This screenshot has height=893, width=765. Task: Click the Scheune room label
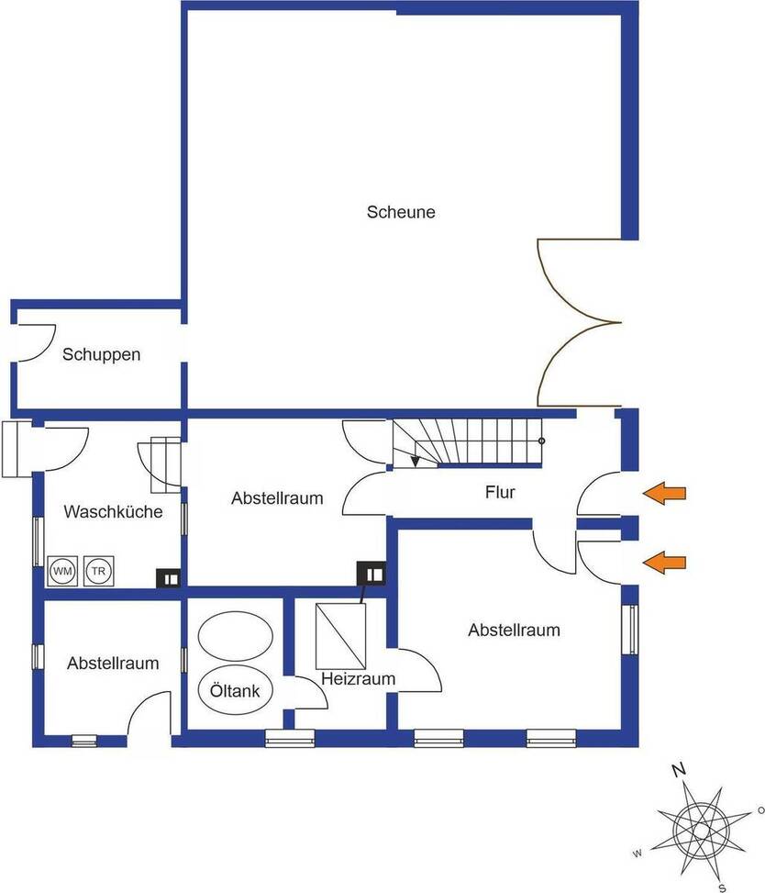401,212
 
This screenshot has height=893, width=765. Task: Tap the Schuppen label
101,355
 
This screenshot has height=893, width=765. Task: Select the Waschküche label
113,511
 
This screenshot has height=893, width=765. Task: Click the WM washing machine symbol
62,571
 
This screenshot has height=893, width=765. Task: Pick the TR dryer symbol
98,571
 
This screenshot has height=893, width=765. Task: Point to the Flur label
500,492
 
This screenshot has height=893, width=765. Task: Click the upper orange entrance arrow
664,493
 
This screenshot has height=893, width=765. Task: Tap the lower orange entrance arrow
664,563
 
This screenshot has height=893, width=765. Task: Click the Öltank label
235,691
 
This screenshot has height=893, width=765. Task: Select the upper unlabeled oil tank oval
235,636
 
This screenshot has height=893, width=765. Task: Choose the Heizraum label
358,679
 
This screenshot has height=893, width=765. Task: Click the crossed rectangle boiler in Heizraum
340,636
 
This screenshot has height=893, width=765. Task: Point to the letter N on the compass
679,770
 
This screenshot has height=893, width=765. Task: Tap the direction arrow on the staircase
416,461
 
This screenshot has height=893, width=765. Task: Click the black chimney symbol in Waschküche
169,578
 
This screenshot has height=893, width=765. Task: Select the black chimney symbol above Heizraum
371,575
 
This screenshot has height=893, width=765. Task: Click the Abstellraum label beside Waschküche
277,498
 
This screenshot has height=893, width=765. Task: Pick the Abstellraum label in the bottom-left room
113,663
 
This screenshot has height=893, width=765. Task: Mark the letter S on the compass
722,887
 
